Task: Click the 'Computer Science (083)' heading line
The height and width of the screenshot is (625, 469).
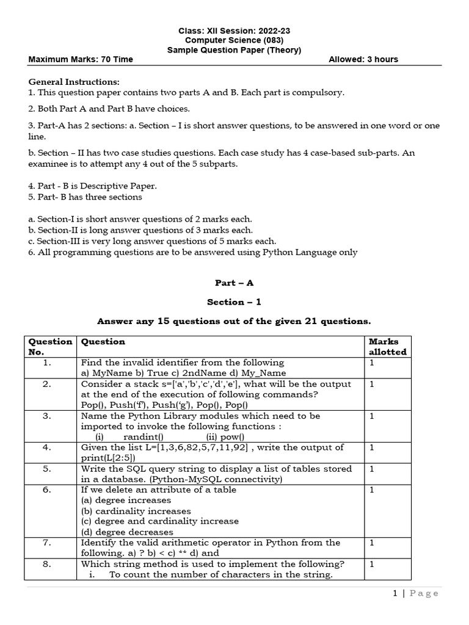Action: coord(234,40)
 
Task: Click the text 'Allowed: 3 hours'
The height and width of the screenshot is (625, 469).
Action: coord(363,59)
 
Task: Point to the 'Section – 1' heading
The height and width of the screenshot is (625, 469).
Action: coord(234,302)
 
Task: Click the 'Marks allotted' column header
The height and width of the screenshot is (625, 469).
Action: coord(387,347)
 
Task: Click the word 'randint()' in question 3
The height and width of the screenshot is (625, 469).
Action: coord(143,437)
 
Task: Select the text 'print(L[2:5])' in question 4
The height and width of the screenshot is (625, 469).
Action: coord(108,458)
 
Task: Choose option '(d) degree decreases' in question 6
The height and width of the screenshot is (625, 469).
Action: coord(127,532)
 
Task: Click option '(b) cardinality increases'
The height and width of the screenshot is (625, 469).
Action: coord(136,511)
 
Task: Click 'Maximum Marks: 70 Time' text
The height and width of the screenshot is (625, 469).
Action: coord(81,59)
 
